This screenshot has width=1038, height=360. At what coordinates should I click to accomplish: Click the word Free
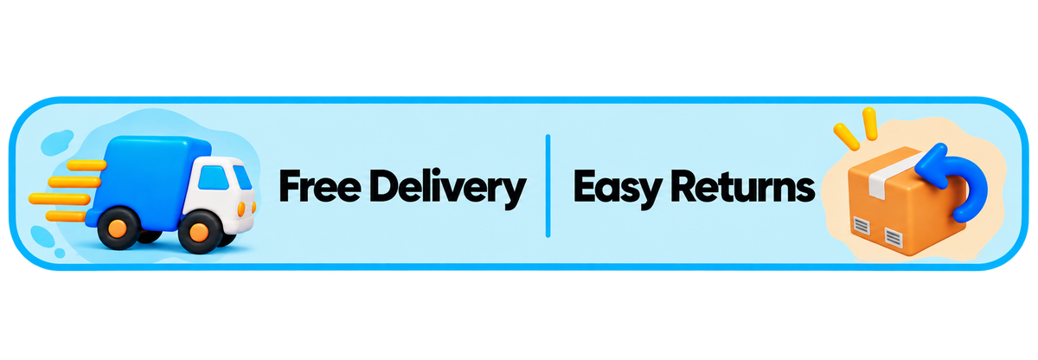tap(320, 186)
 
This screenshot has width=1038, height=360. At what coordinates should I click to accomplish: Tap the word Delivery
tap(448, 188)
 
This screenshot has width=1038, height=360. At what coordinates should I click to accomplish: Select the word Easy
tap(618, 188)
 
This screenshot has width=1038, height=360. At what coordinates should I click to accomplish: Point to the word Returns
tap(743, 186)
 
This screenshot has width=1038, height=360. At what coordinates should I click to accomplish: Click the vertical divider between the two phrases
tap(548, 186)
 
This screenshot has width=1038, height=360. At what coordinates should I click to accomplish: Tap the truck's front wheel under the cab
tap(200, 232)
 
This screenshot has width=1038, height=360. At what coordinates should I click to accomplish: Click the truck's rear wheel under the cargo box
tap(119, 228)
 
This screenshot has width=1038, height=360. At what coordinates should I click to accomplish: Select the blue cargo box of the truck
tap(147, 182)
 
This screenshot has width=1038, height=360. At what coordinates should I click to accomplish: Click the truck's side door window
tap(213, 178)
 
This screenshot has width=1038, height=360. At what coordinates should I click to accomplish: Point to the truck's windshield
tap(242, 177)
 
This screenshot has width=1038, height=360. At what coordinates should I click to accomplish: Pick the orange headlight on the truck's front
tap(241, 209)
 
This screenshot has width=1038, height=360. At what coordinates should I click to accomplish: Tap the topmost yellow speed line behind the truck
tap(86, 165)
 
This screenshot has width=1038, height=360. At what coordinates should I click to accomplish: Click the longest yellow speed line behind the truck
tap(60, 199)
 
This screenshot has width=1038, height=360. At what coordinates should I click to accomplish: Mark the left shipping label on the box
tap(862, 227)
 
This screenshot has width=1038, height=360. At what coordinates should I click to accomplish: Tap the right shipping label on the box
tap(893, 238)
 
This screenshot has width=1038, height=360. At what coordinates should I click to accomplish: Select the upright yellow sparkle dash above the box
tap(870, 124)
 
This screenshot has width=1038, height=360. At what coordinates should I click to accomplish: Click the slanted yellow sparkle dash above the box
tap(846, 137)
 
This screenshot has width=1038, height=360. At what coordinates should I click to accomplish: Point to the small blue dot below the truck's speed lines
tap(60, 253)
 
